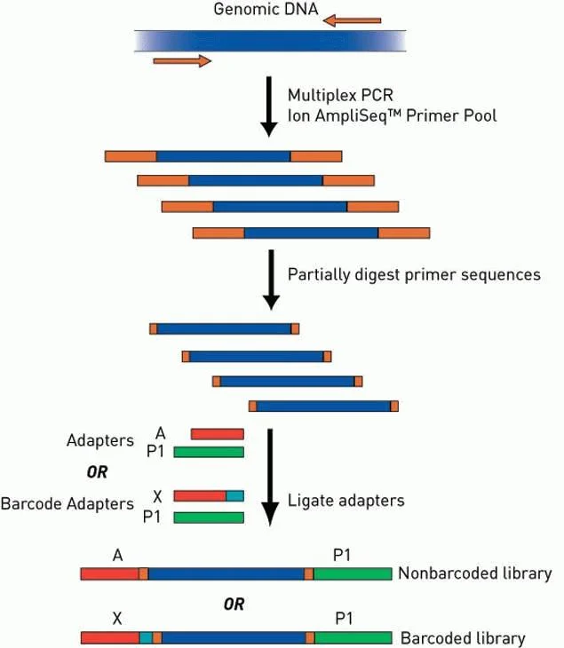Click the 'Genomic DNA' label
click(266, 9)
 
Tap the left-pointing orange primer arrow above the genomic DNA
click(352, 20)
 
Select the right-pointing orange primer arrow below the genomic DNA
click(182, 60)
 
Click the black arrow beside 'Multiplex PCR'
click(269, 107)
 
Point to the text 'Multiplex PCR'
click(340, 96)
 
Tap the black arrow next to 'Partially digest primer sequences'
click(271, 280)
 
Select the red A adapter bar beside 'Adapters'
click(217, 434)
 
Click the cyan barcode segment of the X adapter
click(234, 495)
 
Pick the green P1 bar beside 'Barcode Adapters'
click(209, 518)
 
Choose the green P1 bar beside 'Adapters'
click(209, 452)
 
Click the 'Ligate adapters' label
click(346, 501)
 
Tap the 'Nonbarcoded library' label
click(475, 573)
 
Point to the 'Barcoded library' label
click(463, 638)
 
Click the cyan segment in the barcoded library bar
click(146, 637)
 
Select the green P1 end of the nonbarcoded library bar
click(353, 573)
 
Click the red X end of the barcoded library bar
click(110, 637)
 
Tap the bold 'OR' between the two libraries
click(234, 605)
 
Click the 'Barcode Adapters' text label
click(68, 504)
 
